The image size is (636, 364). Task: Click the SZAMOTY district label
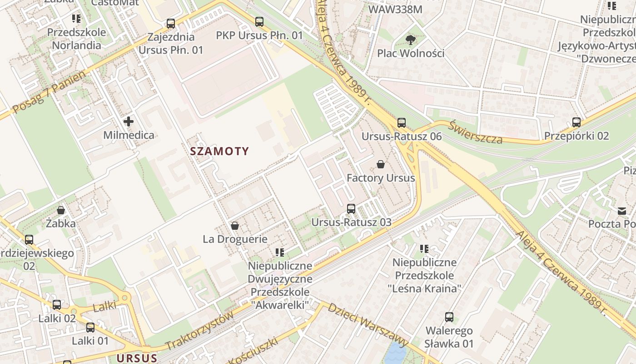(219, 151)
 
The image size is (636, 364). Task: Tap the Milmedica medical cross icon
(129, 121)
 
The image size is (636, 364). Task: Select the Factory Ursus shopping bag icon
(381, 164)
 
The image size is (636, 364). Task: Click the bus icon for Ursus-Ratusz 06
(401, 122)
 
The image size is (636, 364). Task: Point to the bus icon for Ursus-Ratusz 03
(351, 209)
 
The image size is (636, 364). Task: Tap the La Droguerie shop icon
(235, 226)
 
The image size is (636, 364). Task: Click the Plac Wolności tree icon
(411, 40)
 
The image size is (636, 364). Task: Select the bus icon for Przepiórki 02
(576, 122)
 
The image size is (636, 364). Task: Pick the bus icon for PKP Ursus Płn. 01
(259, 21)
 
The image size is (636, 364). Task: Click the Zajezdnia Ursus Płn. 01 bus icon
(171, 23)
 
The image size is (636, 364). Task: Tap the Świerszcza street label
(476, 132)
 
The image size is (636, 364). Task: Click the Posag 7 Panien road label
(49, 93)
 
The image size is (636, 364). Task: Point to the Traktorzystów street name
(200, 330)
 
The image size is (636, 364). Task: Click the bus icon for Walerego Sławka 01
(449, 317)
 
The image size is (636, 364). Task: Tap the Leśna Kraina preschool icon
(424, 249)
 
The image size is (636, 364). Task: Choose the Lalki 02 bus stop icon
(57, 305)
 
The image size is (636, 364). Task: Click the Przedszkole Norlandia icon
(76, 19)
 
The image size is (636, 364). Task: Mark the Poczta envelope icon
(621, 211)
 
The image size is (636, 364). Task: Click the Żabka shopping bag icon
(61, 210)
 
